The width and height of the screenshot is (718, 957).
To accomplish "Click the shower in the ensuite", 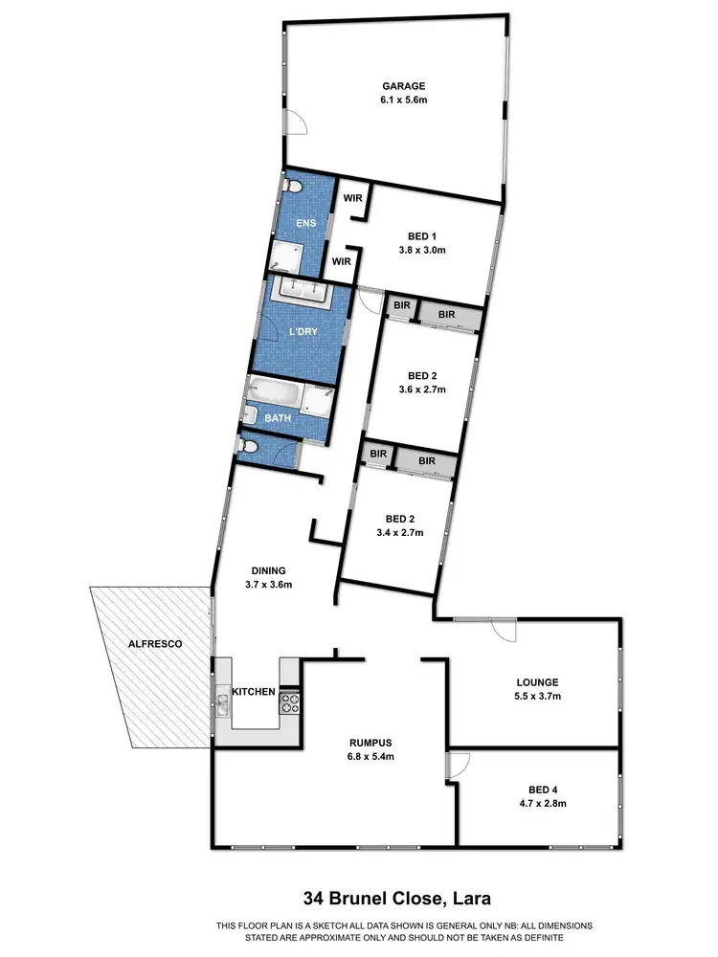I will (x=286, y=255).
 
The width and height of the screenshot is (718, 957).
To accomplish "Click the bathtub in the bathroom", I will (x=275, y=392).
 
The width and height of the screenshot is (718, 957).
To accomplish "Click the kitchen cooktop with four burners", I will (x=289, y=703).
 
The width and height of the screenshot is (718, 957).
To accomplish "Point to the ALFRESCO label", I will (x=155, y=644).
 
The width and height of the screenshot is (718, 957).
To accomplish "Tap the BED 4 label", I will (x=543, y=790).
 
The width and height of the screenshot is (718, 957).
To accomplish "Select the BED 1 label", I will (x=421, y=235).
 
